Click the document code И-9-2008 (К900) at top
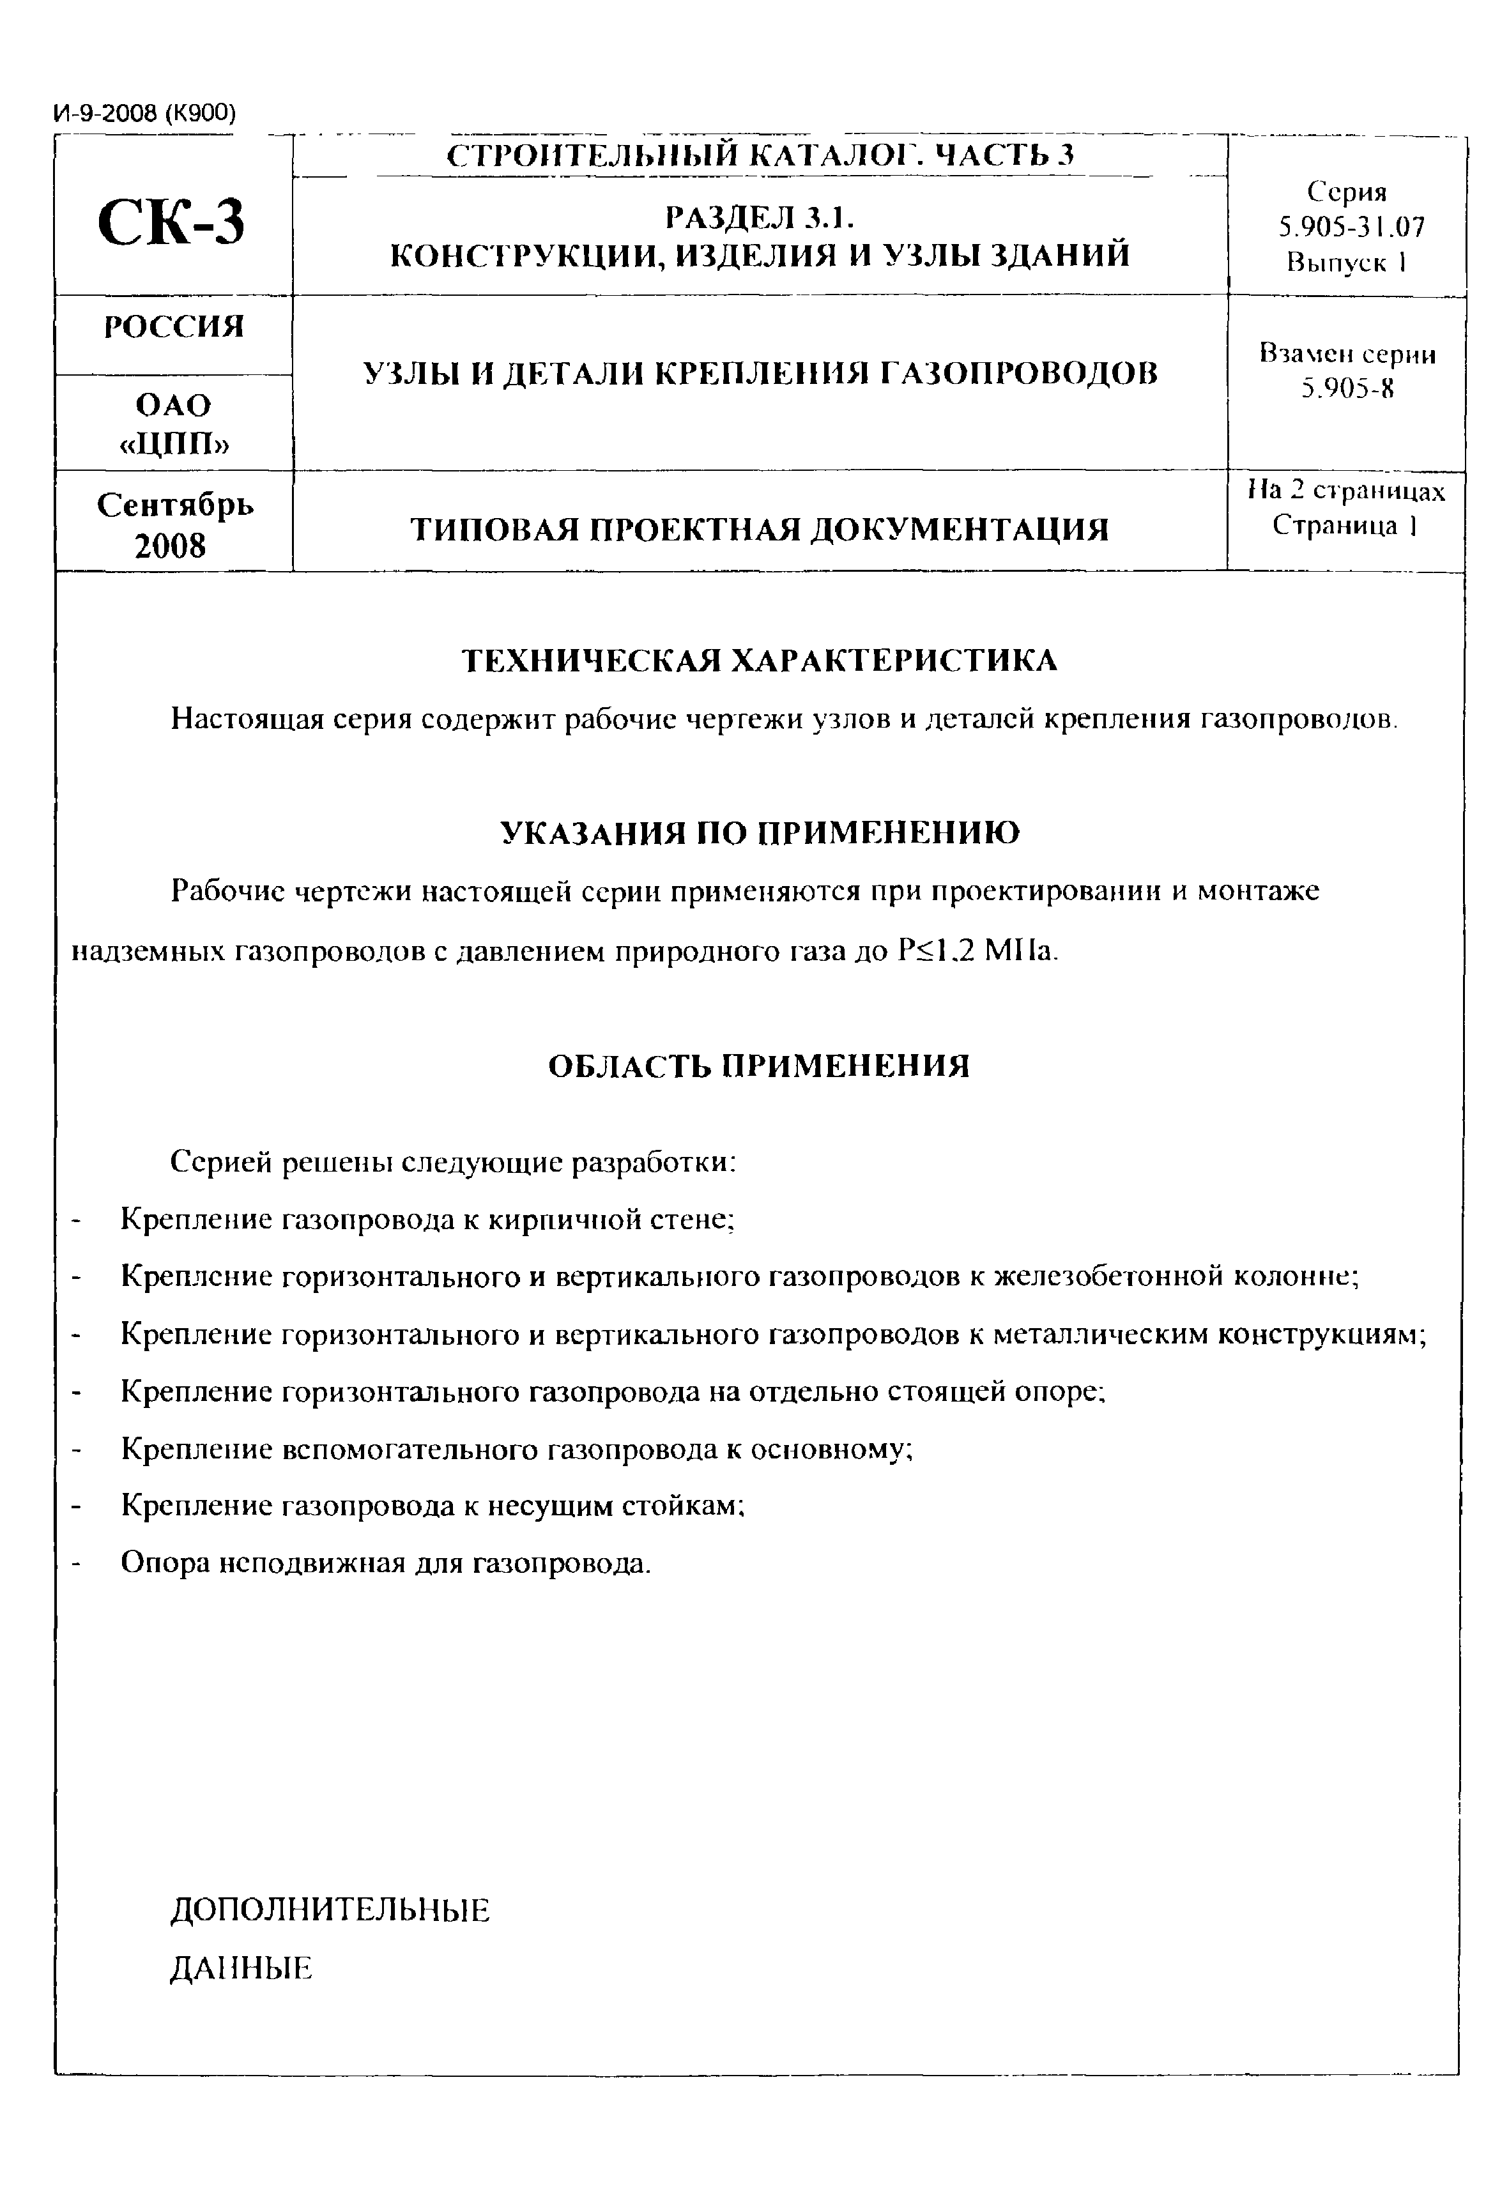(144, 114)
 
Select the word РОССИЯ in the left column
(173, 327)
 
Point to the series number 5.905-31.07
(1350, 227)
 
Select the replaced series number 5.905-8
(1347, 388)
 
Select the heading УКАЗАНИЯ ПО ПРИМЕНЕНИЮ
(759, 833)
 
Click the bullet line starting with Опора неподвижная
(386, 1563)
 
